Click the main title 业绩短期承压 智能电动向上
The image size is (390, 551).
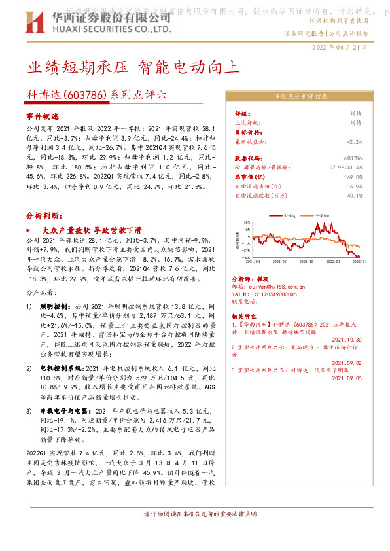point(133,67)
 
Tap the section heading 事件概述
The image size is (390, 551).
point(43,115)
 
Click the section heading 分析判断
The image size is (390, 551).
point(44,215)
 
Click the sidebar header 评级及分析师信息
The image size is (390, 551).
point(300,96)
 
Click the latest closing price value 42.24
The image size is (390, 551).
point(354,141)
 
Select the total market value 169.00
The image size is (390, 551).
point(353,177)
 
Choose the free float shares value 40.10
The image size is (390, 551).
point(354,195)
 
